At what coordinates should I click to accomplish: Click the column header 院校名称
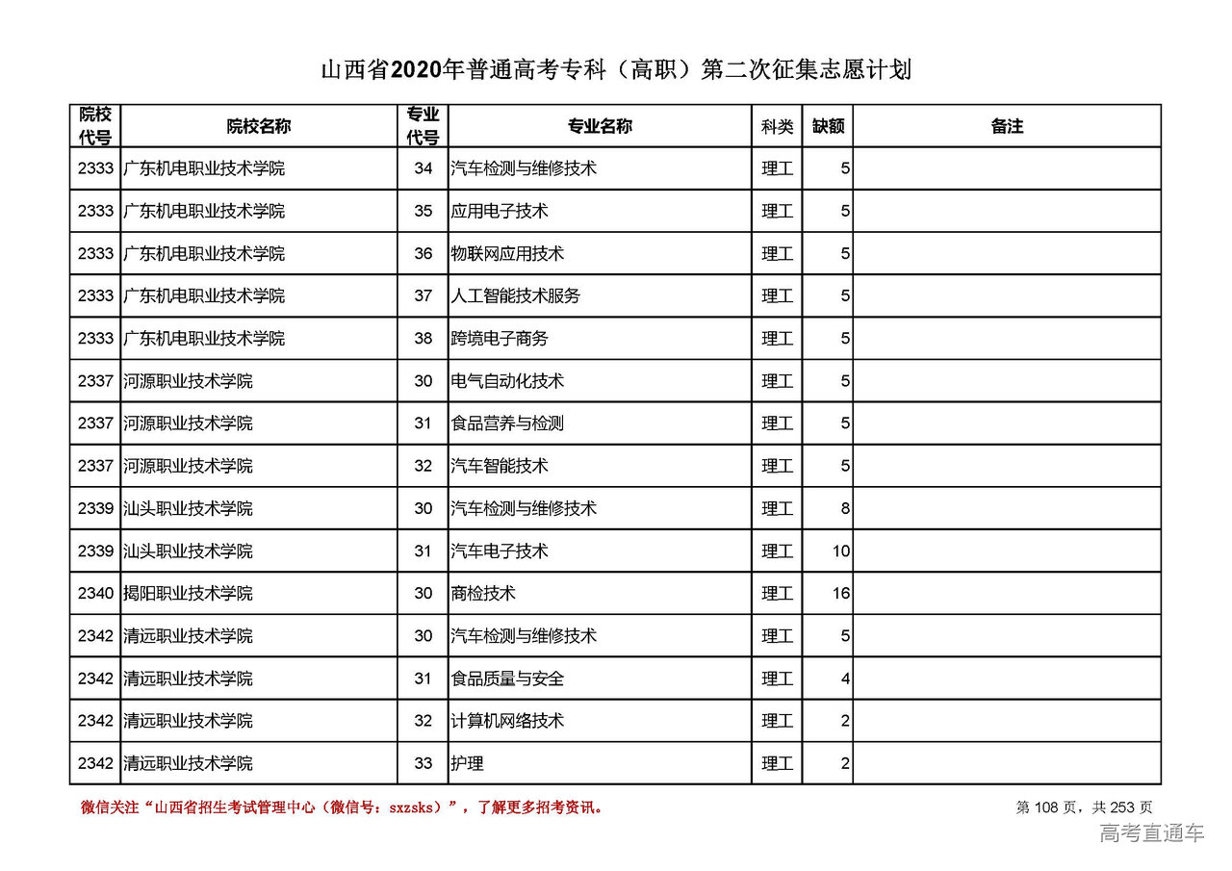coord(259,126)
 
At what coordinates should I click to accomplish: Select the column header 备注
coord(1007,126)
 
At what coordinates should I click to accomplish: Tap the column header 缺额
coord(828,126)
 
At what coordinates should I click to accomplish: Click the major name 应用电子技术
coord(499,211)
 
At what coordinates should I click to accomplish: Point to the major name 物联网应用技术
coord(507,254)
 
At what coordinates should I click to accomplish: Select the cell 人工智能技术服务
coord(515,296)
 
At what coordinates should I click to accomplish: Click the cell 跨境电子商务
coord(499,339)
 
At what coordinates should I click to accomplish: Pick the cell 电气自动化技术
coord(507,381)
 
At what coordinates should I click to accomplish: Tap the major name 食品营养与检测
coord(507,423)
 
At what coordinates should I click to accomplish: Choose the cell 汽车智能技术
coord(499,466)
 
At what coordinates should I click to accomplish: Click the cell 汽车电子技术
coord(499,551)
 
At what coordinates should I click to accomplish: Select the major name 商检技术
coord(483,594)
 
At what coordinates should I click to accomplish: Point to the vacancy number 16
coord(841,594)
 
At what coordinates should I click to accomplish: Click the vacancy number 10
coord(841,551)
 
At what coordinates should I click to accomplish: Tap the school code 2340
coord(95,594)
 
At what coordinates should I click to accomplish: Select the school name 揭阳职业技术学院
coord(188,594)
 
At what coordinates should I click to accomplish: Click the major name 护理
coord(467,763)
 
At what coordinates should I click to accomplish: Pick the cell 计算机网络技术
coord(507,721)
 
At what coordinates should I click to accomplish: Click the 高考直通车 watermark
coord(1151,833)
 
